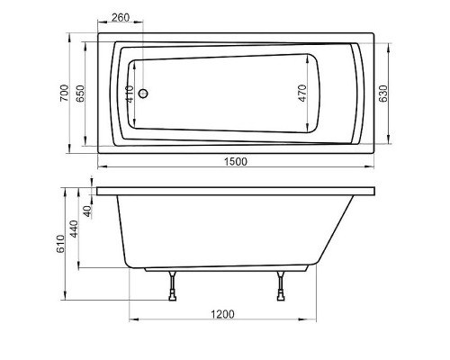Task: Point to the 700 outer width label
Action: point(64,93)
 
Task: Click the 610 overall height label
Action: point(60,245)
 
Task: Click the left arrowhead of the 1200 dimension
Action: point(133,320)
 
